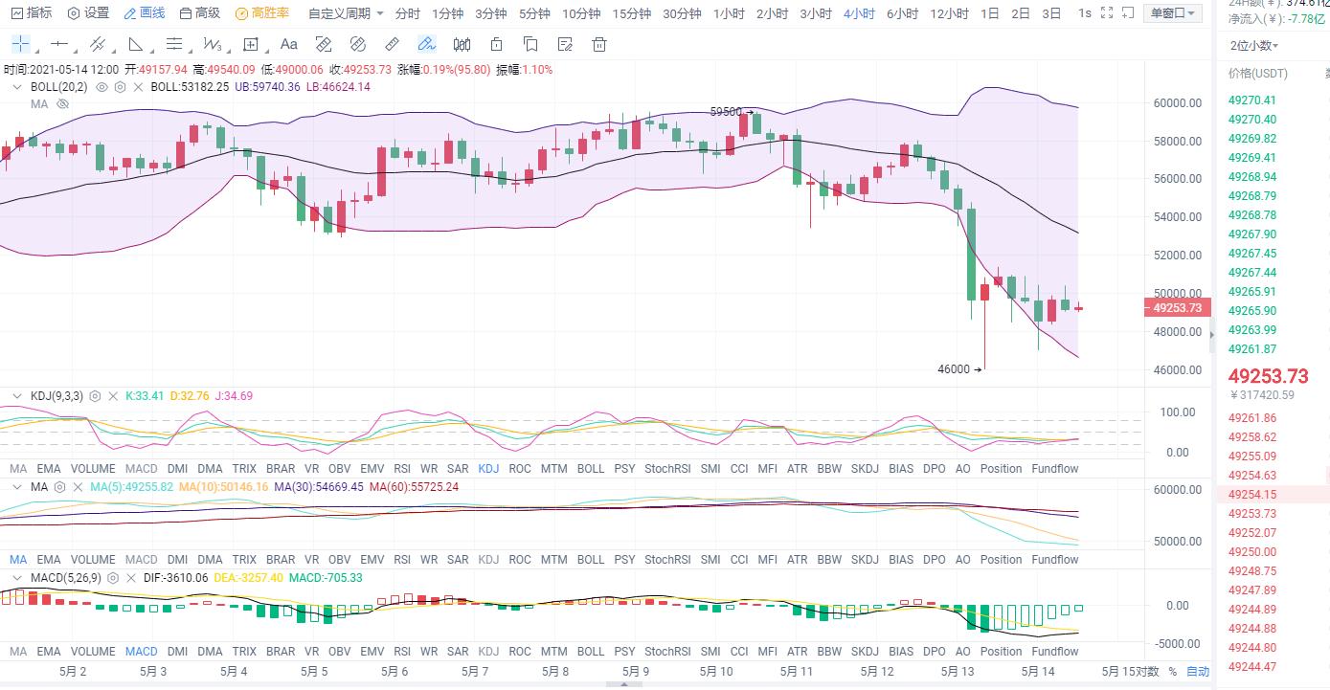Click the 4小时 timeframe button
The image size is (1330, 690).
point(859,13)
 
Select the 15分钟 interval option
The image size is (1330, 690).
point(631,13)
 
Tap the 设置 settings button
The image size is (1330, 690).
point(88,13)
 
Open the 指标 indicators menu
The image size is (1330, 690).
point(32,13)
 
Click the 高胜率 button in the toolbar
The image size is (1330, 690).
point(262,13)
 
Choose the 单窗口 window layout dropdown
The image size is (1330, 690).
point(1173,13)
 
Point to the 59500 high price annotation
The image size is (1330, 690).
point(726,111)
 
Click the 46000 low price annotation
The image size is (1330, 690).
point(954,368)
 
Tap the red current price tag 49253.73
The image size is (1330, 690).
point(1175,308)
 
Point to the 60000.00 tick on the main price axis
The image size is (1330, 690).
point(1177,103)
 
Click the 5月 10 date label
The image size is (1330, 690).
point(716,671)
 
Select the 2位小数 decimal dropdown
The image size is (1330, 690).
point(1254,45)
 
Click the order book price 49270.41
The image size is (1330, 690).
point(1252,100)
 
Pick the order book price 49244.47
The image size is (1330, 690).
point(1252,666)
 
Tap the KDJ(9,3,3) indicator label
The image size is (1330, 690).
point(56,395)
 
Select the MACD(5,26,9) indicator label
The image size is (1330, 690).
point(64,578)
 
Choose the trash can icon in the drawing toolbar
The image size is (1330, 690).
point(599,44)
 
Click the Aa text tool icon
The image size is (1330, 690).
point(289,44)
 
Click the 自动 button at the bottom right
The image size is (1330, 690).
point(1198,671)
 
